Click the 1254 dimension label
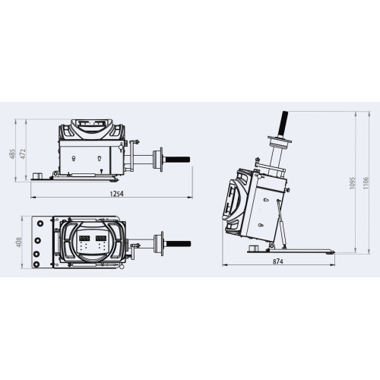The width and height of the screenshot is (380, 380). click(x=117, y=194)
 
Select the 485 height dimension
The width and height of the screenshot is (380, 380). click(x=12, y=154)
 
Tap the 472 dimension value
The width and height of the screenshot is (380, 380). click(x=23, y=154)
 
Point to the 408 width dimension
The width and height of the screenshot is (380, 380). click(x=19, y=242)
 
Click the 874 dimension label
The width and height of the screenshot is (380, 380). click(x=277, y=261)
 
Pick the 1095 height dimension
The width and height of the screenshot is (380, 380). click(x=353, y=183)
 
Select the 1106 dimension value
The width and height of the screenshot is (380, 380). click(x=366, y=183)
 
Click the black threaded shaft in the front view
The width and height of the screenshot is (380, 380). click(x=177, y=160)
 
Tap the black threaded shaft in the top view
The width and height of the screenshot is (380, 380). click(x=178, y=244)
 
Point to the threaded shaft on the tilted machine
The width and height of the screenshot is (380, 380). click(x=283, y=124)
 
